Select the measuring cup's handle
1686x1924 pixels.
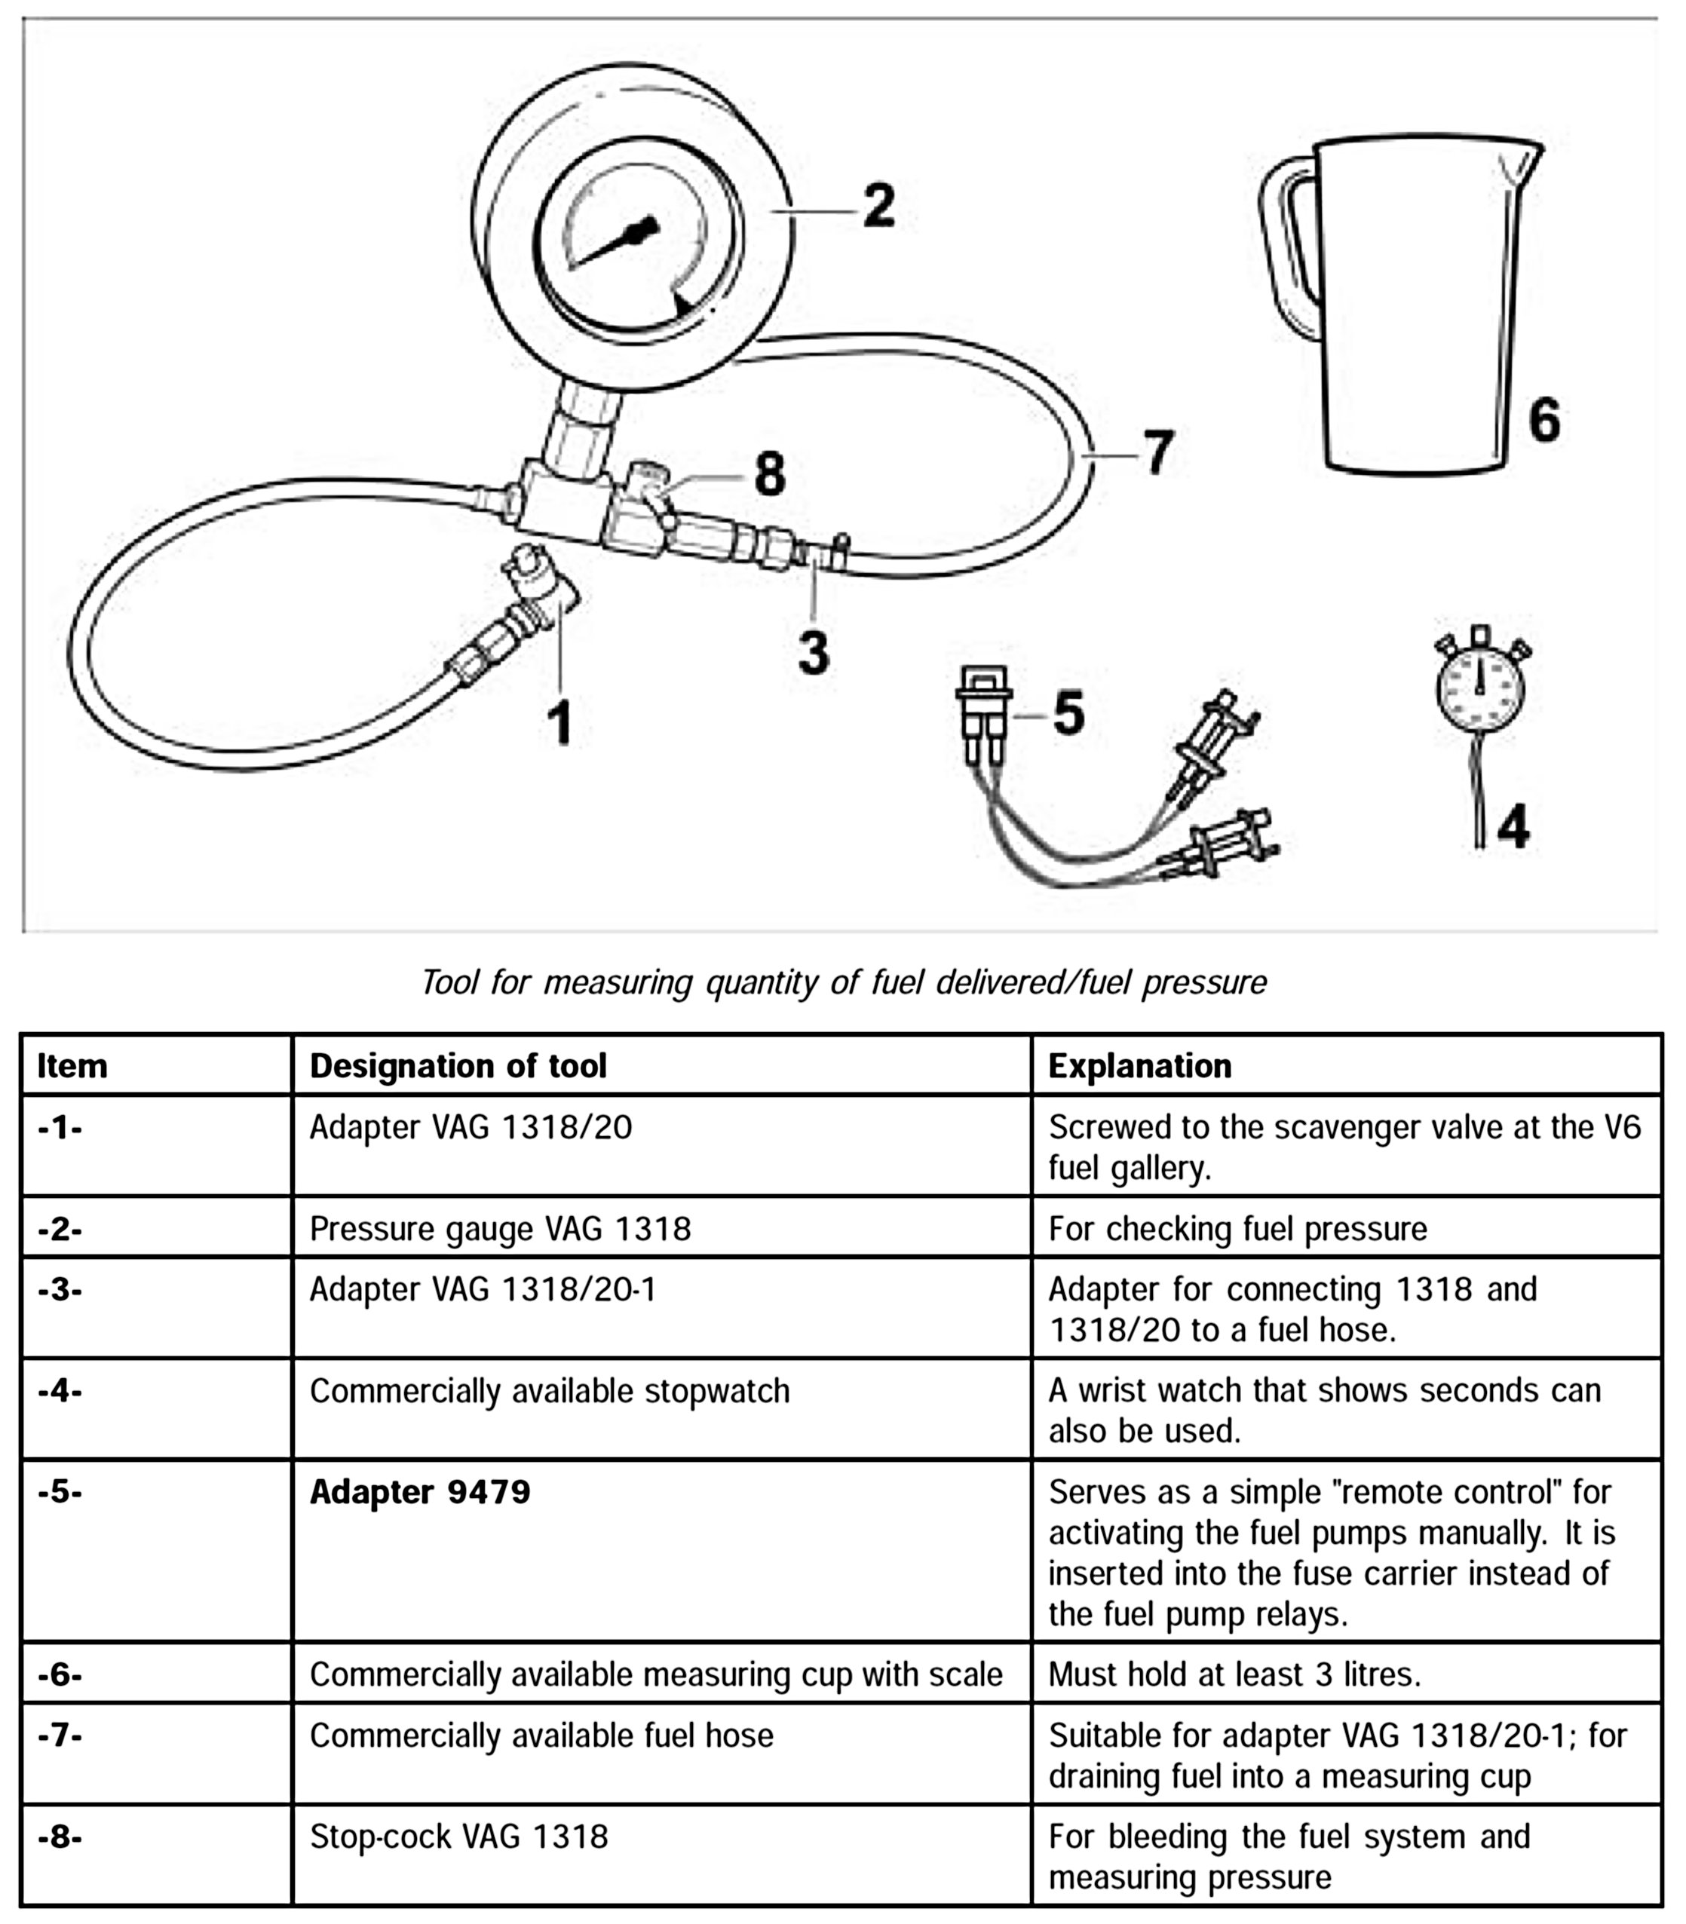click(x=1288, y=244)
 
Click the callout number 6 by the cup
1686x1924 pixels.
click(x=1544, y=420)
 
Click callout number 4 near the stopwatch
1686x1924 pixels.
click(x=1513, y=826)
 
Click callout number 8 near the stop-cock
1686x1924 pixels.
click(x=770, y=474)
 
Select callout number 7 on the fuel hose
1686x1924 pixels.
click(x=1158, y=452)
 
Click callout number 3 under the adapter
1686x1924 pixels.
click(x=814, y=652)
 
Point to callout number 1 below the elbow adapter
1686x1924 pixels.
click(x=561, y=725)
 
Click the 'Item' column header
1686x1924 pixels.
click(x=72, y=1066)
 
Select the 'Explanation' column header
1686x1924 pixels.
click(x=1139, y=1066)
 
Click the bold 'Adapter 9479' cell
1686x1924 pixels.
click(x=421, y=1492)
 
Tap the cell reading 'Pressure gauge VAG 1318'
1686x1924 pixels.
click(x=500, y=1229)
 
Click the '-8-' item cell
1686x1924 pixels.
click(x=60, y=1837)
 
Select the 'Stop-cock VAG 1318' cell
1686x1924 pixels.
click(x=459, y=1837)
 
